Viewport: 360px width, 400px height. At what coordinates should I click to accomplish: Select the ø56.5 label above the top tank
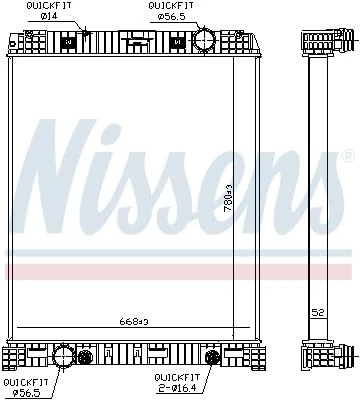click(x=165, y=17)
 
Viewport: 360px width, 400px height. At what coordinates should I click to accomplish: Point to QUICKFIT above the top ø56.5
click(x=165, y=7)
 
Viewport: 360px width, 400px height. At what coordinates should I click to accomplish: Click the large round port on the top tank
click(x=204, y=41)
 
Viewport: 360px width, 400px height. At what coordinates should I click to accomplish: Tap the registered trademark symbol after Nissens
click(x=347, y=157)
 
